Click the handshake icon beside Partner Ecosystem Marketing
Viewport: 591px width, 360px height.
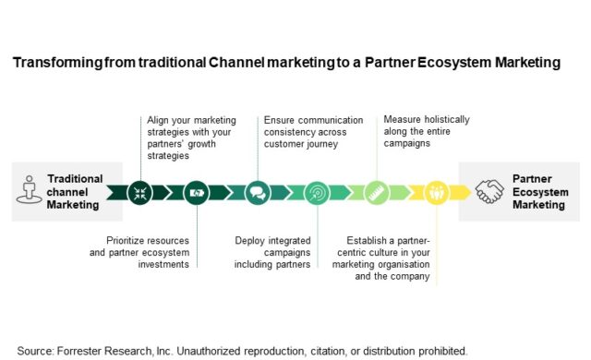click(489, 191)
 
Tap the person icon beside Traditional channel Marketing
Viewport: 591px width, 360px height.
click(28, 189)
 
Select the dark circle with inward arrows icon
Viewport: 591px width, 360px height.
click(141, 192)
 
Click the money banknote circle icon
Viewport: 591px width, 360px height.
click(197, 192)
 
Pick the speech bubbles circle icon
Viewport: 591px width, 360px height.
click(257, 192)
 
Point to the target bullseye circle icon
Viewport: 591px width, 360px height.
click(316, 192)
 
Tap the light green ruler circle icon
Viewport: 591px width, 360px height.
click(376, 192)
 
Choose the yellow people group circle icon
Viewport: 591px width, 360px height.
click(435, 192)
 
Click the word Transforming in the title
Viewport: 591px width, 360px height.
click(54, 63)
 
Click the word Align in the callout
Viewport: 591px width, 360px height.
click(160, 120)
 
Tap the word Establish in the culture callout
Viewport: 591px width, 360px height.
click(369, 238)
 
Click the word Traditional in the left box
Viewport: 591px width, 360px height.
click(75, 178)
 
